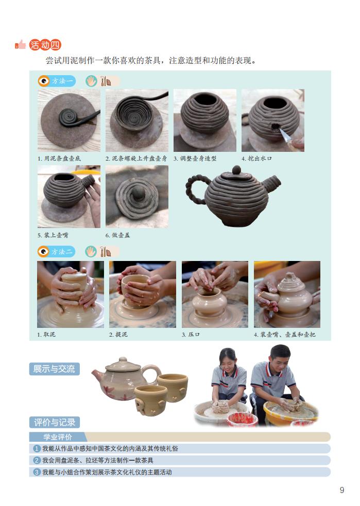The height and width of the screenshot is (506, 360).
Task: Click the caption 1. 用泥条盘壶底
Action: pyautogui.click(x=59, y=158)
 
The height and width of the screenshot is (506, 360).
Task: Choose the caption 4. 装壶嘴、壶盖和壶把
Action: pyautogui.click(x=285, y=335)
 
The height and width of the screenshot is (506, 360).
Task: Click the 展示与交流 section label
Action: pyautogui.click(x=54, y=369)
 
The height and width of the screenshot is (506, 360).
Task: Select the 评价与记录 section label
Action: pyautogui.click(x=54, y=423)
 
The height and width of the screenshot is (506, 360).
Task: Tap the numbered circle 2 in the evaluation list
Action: pyautogui.click(x=37, y=460)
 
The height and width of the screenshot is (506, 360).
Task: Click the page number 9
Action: pyautogui.click(x=341, y=490)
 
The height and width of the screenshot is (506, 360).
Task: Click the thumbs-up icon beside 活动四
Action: pyautogui.click(x=21, y=45)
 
